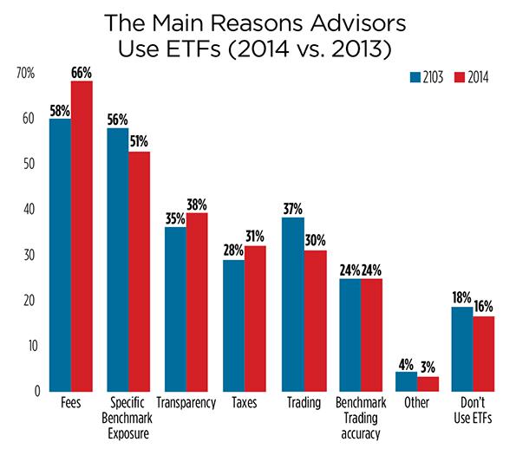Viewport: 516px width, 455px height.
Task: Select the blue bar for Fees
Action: pyautogui.click(x=61, y=255)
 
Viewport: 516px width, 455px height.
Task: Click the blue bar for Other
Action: pyautogui.click(x=406, y=381)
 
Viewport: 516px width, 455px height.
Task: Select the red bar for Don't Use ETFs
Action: pyautogui.click(x=483, y=354)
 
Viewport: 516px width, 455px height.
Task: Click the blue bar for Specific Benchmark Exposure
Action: pyautogui.click(x=118, y=259)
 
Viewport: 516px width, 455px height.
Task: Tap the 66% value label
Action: pyautogui.click(x=82, y=73)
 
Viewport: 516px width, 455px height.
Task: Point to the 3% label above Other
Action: pyautogui.click(x=428, y=367)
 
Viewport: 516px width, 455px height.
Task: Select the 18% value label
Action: pyautogui.click(x=462, y=297)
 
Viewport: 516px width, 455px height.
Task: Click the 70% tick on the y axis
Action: pyautogui.click(x=25, y=74)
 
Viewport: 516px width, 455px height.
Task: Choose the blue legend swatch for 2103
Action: pyautogui.click(x=416, y=78)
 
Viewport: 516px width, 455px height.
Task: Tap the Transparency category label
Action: pyautogui.click(x=186, y=404)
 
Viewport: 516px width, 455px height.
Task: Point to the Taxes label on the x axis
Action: pyautogui.click(x=245, y=404)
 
